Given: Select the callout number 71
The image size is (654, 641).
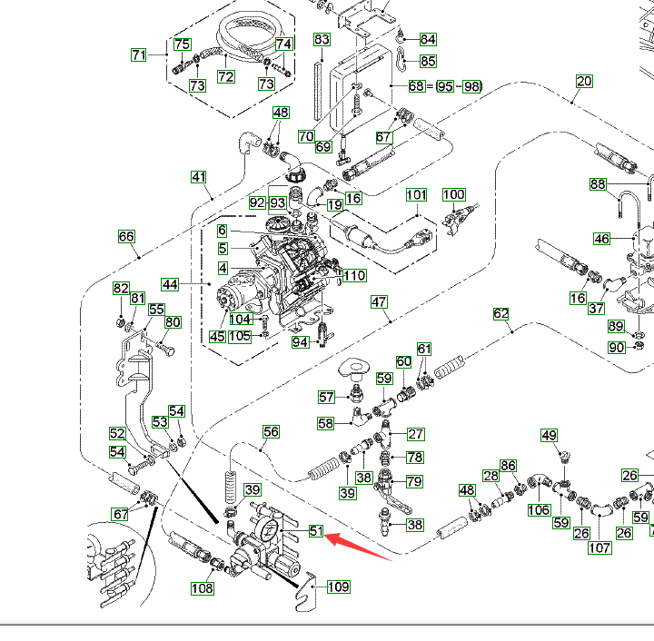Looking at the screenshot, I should (x=138, y=55).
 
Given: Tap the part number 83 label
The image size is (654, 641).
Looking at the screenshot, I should (x=322, y=40).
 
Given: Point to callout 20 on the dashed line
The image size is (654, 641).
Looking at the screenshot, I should (x=584, y=82).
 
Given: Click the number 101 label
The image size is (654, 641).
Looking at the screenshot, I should (x=416, y=195).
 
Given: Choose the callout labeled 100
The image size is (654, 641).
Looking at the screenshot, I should (x=454, y=195).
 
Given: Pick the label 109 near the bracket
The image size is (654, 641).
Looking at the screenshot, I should (x=338, y=587).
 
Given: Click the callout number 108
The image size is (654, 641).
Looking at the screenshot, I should (x=202, y=588).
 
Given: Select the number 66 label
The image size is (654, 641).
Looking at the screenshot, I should (x=126, y=237).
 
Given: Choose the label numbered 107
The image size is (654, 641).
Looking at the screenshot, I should (x=599, y=547).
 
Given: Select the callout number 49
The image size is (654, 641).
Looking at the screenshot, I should (x=550, y=436).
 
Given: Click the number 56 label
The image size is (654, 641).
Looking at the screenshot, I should (x=271, y=431).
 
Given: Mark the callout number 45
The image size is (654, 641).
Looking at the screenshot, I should (x=217, y=337).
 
